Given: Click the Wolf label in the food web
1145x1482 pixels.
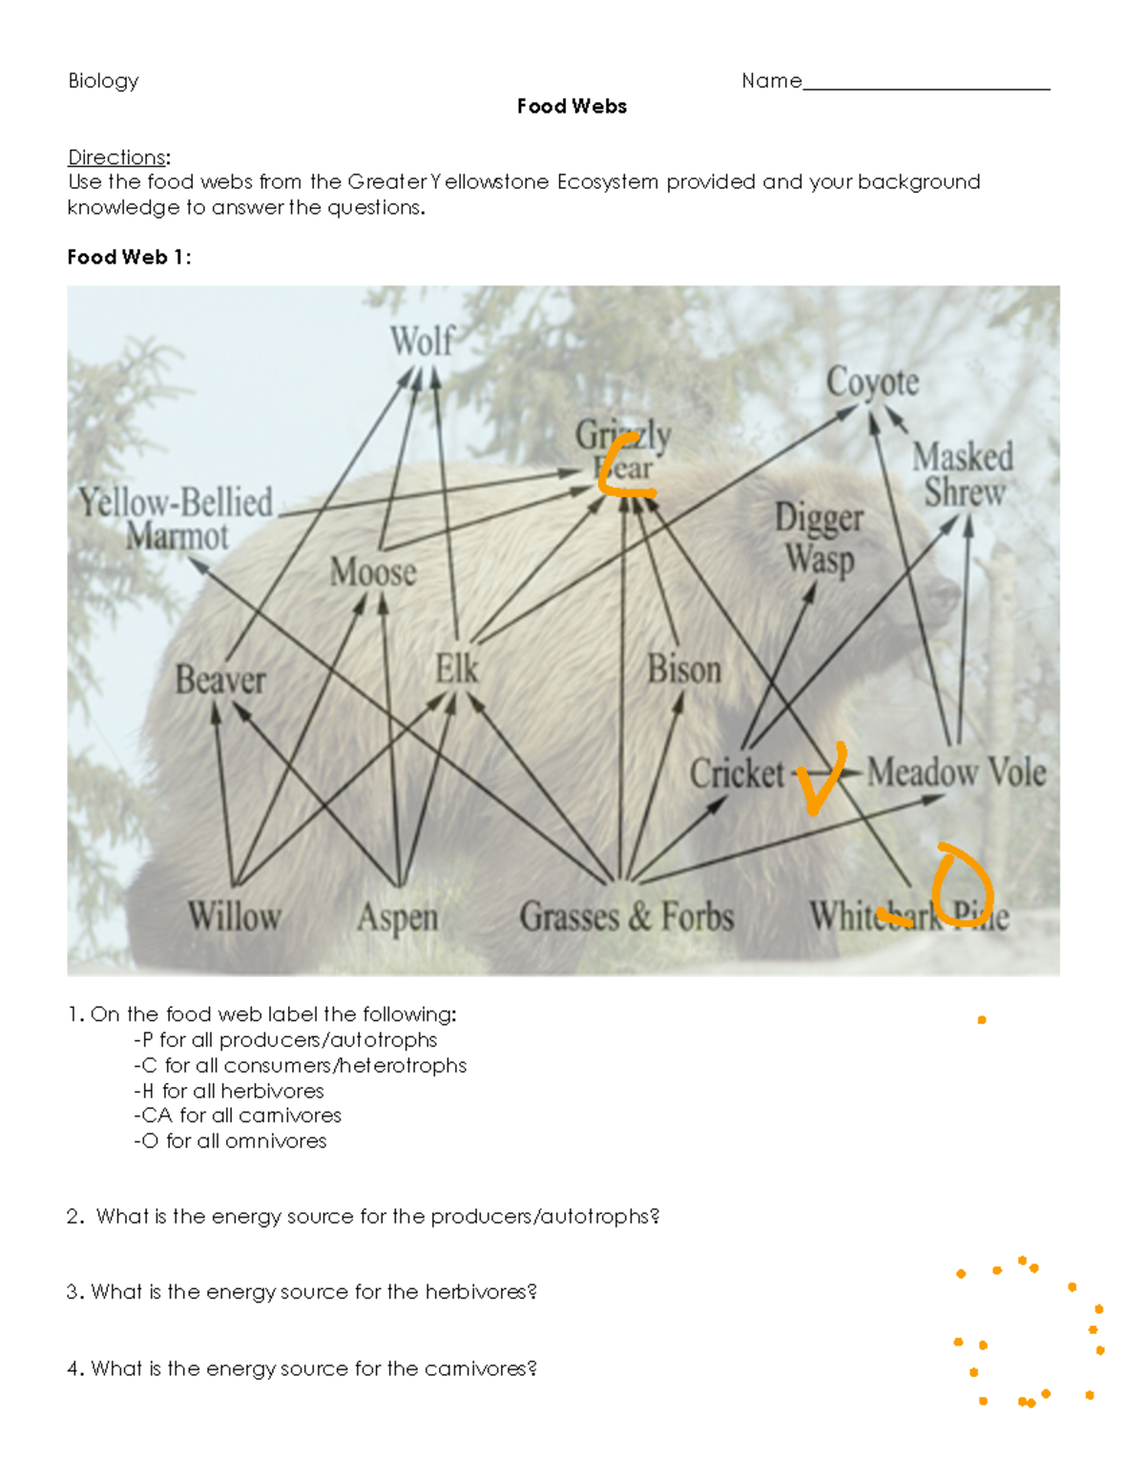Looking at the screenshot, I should (422, 341).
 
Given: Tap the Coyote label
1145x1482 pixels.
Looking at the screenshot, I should (872, 382).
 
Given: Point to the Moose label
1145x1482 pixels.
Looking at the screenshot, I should (373, 572).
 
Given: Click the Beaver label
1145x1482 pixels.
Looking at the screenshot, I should (220, 680).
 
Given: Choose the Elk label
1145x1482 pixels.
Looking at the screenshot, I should (456, 668).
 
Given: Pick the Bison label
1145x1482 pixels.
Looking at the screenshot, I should (683, 669).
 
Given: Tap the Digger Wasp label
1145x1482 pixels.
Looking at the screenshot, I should (819, 538).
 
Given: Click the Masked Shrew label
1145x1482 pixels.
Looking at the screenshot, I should (963, 474).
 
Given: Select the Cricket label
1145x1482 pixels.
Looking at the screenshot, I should (737, 773).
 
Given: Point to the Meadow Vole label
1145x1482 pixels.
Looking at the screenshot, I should (956, 771).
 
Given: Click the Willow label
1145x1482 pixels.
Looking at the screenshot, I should (234, 916).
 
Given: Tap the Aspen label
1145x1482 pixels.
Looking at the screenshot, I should (397, 917).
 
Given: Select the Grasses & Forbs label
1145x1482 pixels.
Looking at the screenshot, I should (626, 916).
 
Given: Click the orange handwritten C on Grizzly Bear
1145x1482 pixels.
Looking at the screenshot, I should (622, 467).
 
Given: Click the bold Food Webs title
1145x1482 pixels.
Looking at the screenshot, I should (572, 107).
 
